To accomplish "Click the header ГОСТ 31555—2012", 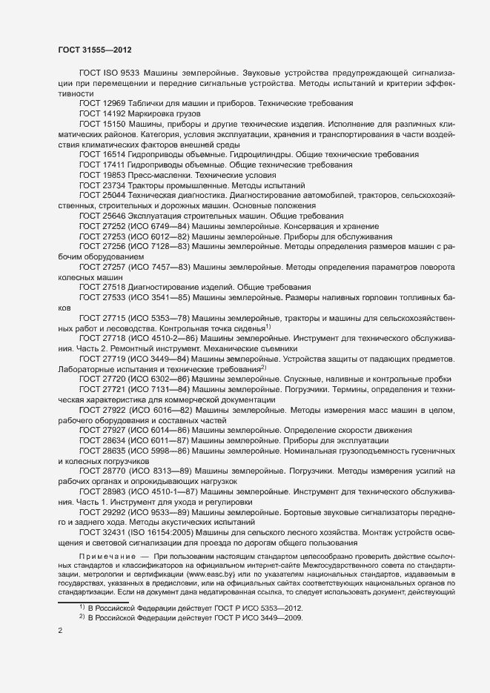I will (95, 49).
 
